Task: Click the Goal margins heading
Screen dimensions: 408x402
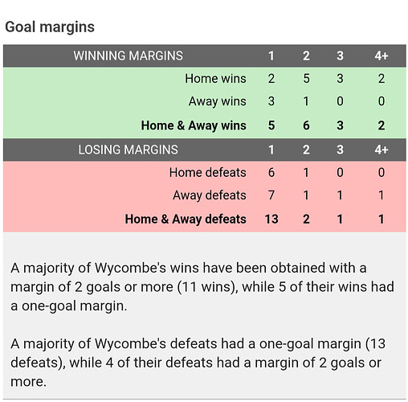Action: tap(50, 27)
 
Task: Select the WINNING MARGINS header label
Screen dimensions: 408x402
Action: tap(129, 55)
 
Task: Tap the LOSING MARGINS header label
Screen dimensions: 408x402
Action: tap(128, 150)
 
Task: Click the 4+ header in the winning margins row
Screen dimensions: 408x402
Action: tap(381, 55)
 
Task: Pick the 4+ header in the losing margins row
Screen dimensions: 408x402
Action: tap(381, 150)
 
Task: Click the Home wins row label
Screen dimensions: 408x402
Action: tap(215, 79)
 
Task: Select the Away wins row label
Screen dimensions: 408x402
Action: tap(218, 101)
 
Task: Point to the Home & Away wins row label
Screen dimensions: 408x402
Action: tap(194, 125)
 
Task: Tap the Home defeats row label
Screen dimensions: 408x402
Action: tap(208, 172)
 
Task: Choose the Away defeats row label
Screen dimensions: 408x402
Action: tap(210, 195)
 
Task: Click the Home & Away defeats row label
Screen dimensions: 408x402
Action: tap(186, 219)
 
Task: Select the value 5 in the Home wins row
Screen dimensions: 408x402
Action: tap(306, 79)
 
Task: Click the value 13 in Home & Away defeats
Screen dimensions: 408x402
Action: tap(271, 219)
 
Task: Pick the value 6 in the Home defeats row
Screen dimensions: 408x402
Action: tap(271, 172)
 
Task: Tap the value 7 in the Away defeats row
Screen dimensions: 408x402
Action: tap(271, 195)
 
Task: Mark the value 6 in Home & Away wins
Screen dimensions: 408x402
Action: tap(306, 125)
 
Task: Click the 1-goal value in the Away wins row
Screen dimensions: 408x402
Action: tap(271, 101)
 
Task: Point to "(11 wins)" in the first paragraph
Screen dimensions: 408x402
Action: tap(207, 287)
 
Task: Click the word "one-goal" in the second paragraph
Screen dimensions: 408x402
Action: tap(310, 344)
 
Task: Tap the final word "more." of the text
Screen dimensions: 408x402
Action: tap(29, 382)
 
